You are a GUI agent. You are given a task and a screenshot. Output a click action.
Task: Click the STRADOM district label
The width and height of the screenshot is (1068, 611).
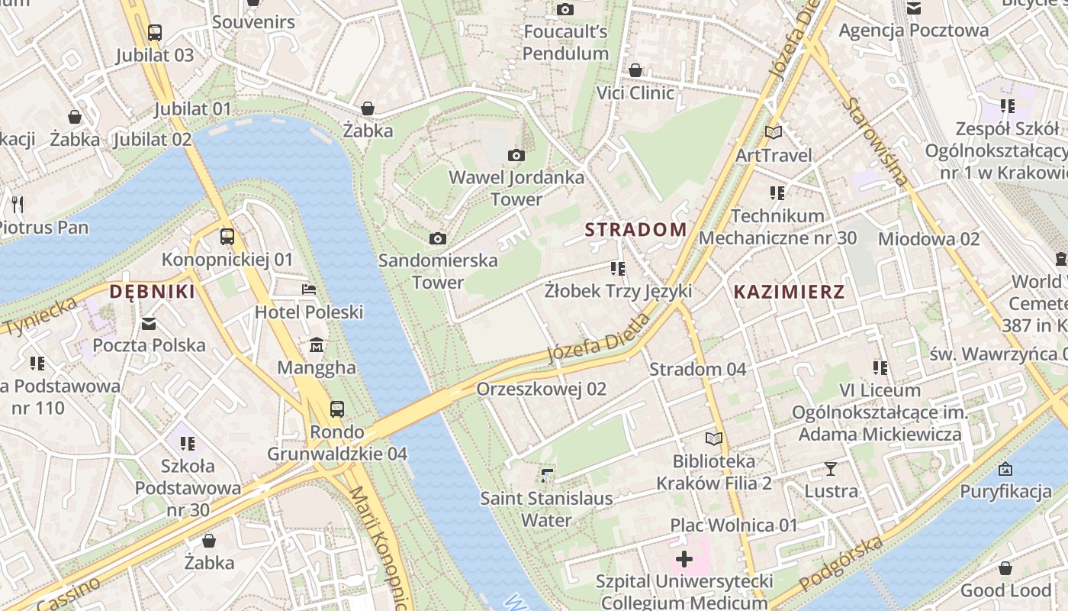tap(635, 229)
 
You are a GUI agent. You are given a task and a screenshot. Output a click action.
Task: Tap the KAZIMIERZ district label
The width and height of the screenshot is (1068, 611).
tap(789, 291)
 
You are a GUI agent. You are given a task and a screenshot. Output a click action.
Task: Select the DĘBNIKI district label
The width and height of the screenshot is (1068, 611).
tap(152, 291)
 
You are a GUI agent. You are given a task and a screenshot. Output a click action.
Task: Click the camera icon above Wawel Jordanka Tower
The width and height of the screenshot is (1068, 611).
tap(516, 156)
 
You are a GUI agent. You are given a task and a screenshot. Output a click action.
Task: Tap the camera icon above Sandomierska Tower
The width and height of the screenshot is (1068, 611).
tap(438, 238)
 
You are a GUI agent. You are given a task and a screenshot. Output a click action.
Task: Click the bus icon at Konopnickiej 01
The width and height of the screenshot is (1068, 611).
tap(227, 237)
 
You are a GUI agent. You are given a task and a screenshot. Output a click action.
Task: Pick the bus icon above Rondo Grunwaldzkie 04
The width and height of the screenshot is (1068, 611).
tap(337, 409)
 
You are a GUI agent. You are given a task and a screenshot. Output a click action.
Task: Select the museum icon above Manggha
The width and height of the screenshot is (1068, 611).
tap(317, 346)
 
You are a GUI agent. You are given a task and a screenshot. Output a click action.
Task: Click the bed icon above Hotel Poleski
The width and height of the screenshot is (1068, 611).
tap(309, 289)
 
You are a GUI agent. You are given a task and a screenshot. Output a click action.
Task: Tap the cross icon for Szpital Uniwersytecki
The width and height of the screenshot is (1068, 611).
tap(684, 559)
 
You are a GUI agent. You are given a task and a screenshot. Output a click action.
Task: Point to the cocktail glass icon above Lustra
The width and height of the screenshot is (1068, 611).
tap(831, 468)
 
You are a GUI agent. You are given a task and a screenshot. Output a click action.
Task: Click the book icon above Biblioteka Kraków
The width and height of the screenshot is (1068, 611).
tap(714, 438)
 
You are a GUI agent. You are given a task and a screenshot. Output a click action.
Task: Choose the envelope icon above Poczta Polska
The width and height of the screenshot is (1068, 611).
tap(149, 324)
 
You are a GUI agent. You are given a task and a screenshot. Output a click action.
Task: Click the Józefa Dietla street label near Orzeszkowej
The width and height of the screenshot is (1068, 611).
tap(599, 338)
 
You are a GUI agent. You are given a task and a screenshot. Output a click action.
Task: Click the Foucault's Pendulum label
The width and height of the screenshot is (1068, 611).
tap(565, 42)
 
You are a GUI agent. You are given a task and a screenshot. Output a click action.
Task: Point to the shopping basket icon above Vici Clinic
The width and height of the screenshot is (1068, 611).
tap(635, 70)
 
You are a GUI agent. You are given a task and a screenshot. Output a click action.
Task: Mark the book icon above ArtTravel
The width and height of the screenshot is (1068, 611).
tap(774, 133)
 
